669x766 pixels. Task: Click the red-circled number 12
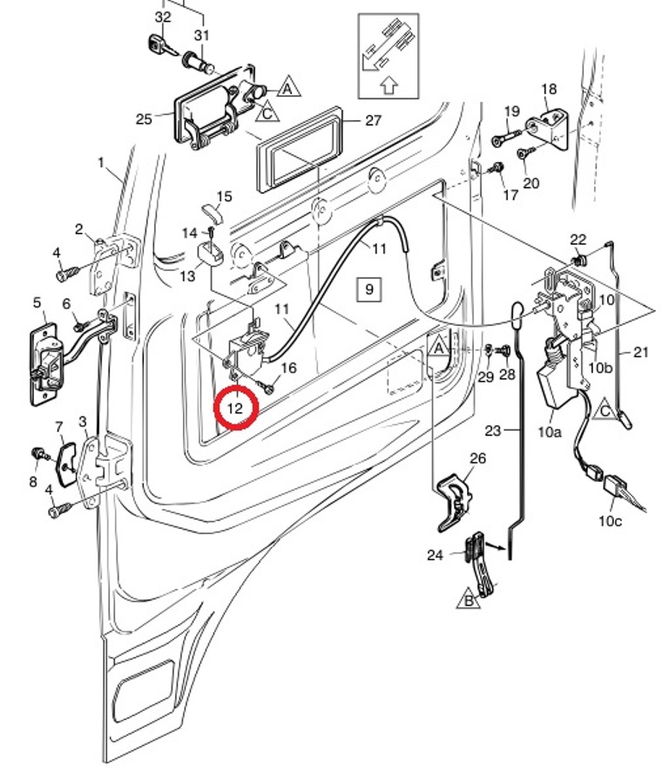coord(235,407)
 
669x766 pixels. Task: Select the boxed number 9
coord(368,288)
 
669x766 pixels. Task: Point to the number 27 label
coord(373,120)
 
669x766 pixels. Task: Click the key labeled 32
coord(158,43)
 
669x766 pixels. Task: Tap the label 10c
coord(610,520)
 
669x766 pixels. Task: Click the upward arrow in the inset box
coord(389,85)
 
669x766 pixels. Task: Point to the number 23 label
coord(493,430)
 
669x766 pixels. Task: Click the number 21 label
coord(642,352)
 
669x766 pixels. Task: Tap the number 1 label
coord(101,163)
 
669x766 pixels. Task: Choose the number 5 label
coord(37,302)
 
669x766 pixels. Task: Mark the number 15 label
coord(224,196)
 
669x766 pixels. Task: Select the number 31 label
coord(202,36)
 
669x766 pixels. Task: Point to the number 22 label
coord(578,240)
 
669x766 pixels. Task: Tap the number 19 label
coord(511,111)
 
